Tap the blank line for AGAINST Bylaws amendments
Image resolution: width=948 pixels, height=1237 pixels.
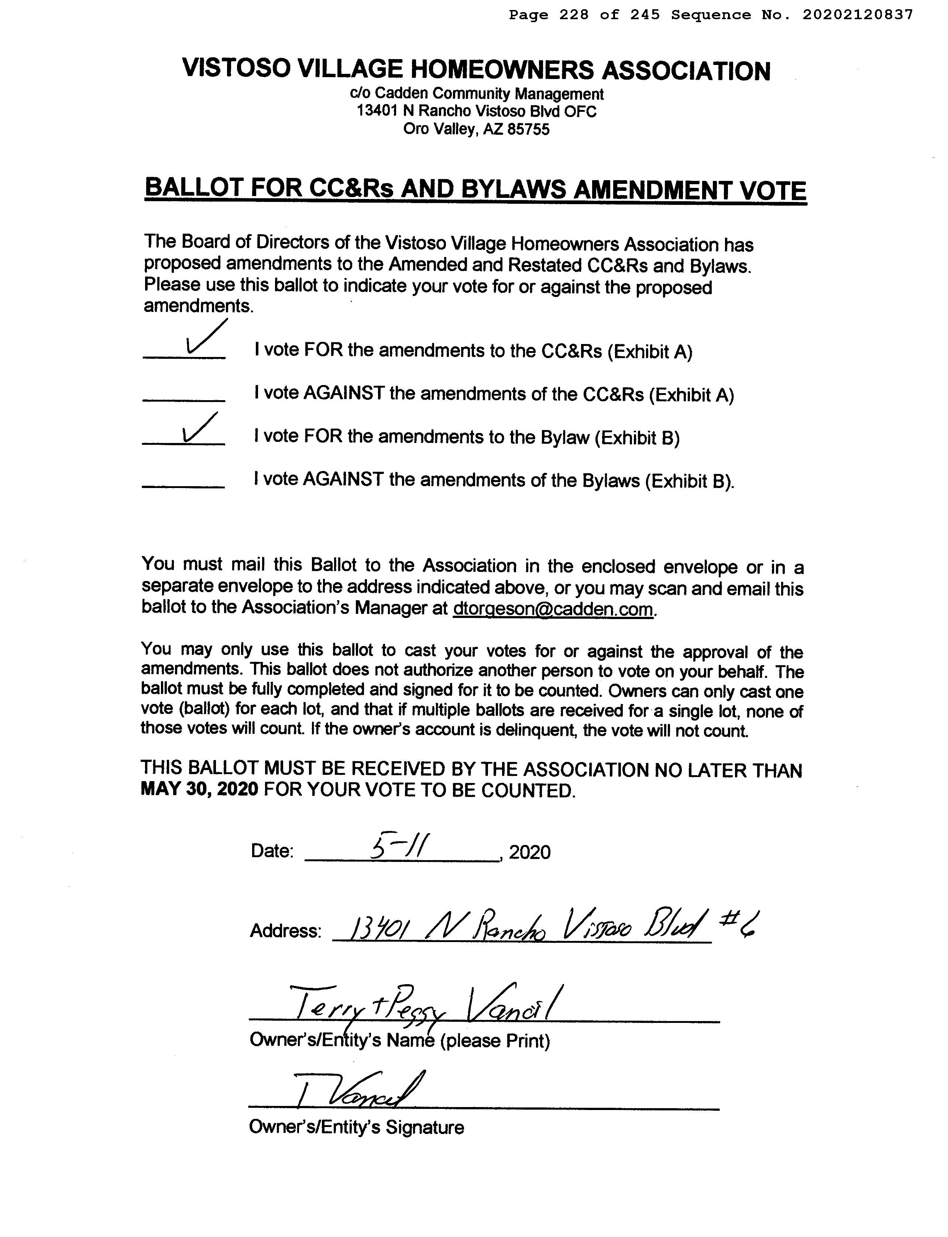click(x=183, y=485)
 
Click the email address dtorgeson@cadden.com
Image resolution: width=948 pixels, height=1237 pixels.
click(x=553, y=609)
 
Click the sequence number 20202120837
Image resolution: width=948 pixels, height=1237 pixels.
click(x=857, y=15)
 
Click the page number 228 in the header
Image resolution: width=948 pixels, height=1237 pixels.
click(x=573, y=15)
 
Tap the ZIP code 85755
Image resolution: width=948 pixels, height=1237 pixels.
click(x=528, y=130)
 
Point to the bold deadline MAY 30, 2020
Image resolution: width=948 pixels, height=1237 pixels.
click(x=199, y=789)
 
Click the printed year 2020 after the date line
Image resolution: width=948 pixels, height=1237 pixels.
click(x=529, y=852)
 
